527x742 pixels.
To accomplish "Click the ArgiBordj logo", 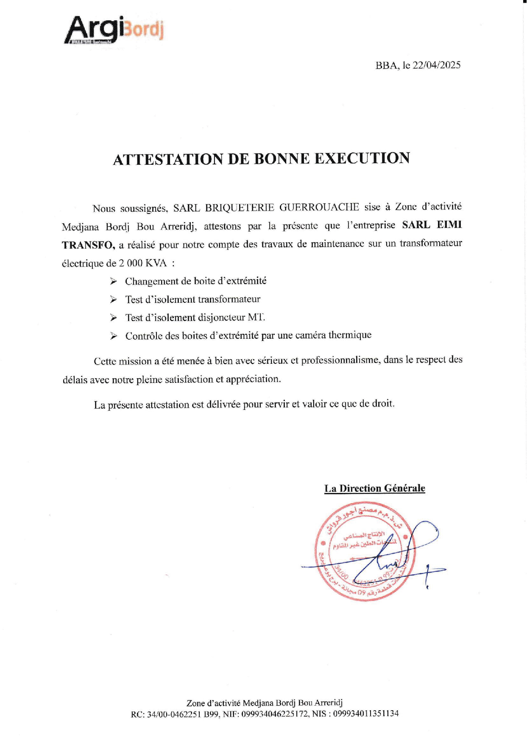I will tap(114, 30).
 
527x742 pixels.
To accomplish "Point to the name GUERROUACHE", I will tap(319, 207).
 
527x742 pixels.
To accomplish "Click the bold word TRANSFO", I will tap(88, 245).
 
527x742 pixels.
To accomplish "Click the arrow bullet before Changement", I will tap(113, 281).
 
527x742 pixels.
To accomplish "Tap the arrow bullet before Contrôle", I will tap(113, 336).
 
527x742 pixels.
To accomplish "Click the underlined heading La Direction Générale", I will tap(374, 488).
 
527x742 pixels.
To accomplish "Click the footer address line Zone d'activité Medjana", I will tap(264, 703).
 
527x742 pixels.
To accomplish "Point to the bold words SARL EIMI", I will tap(432, 225).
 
